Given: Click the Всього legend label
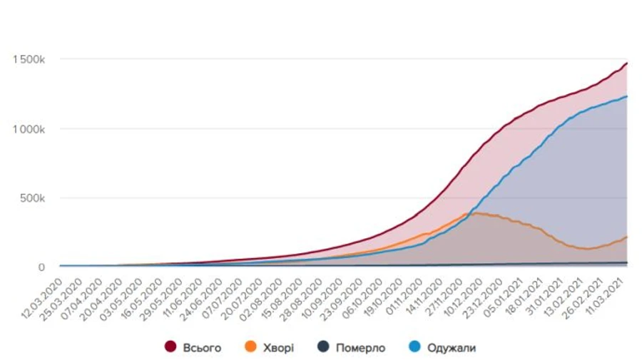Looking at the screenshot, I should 202,348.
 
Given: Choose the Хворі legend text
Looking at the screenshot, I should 277,348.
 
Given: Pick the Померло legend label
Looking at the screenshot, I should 360,348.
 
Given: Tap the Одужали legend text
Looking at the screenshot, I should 452,348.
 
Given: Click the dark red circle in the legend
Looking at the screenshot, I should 170,347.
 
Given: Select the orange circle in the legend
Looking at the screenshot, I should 250,347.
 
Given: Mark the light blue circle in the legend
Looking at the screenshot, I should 414,347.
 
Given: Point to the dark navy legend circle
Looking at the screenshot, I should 323,347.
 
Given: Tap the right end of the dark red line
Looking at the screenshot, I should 626,63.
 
